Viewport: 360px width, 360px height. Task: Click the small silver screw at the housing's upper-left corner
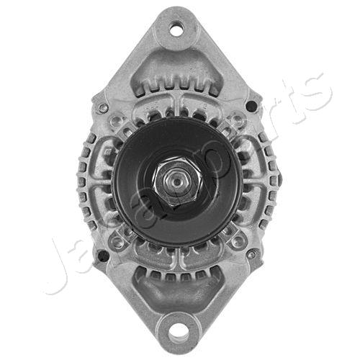tap(104, 108)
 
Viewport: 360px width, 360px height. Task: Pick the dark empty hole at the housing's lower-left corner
tap(103, 255)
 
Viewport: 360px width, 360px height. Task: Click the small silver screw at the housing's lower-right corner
tap(251, 253)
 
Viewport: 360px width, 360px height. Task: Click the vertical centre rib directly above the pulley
tap(177, 108)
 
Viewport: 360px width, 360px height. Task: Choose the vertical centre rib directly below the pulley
tap(177, 258)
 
